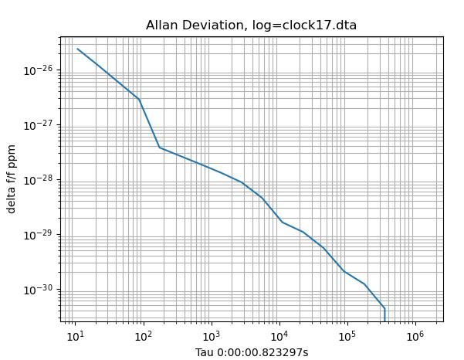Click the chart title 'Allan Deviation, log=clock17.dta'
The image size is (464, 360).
click(x=251, y=25)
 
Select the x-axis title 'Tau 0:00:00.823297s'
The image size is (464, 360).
click(x=251, y=353)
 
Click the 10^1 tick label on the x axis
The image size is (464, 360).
click(x=75, y=336)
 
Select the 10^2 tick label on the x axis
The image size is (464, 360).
click(x=143, y=336)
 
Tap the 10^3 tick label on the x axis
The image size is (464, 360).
click(x=211, y=336)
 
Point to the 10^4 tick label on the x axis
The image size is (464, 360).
click(x=279, y=336)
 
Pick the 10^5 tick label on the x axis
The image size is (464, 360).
click(x=347, y=336)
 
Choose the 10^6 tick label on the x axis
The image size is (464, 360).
click(x=415, y=336)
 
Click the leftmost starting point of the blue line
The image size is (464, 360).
click(x=77, y=49)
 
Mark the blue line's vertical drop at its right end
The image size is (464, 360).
click(x=384, y=314)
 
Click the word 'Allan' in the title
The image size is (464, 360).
click(x=161, y=25)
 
